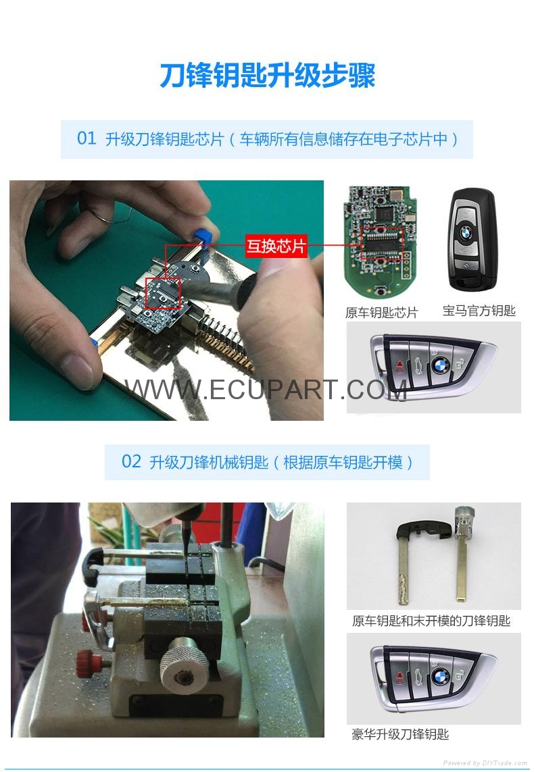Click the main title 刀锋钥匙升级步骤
coord(268,76)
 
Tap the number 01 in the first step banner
coord(87,138)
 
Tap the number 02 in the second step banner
coord(132,462)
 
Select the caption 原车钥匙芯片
coord(381,313)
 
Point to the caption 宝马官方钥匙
coord(479,311)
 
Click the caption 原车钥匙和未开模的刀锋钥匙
coord(431,621)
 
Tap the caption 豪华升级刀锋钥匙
coord(400,735)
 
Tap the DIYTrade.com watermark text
coord(485,763)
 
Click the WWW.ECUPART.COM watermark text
coord(266,390)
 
